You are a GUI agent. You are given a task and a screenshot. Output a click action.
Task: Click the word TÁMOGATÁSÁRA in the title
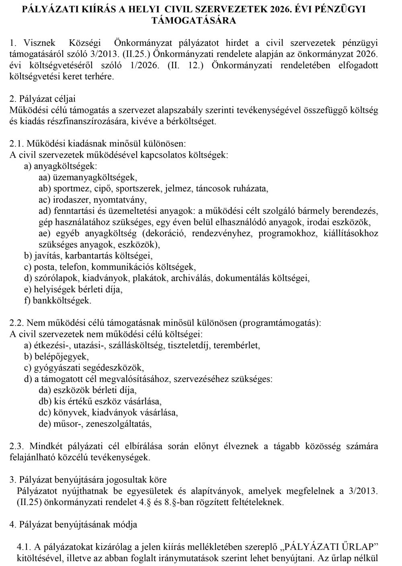click(x=193, y=20)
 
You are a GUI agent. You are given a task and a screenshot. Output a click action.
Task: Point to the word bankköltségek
click(x=62, y=300)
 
